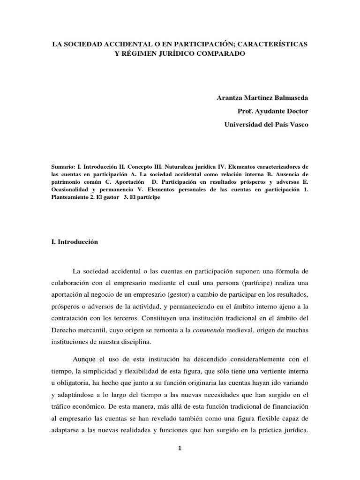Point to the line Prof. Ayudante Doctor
(x=274, y=111)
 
